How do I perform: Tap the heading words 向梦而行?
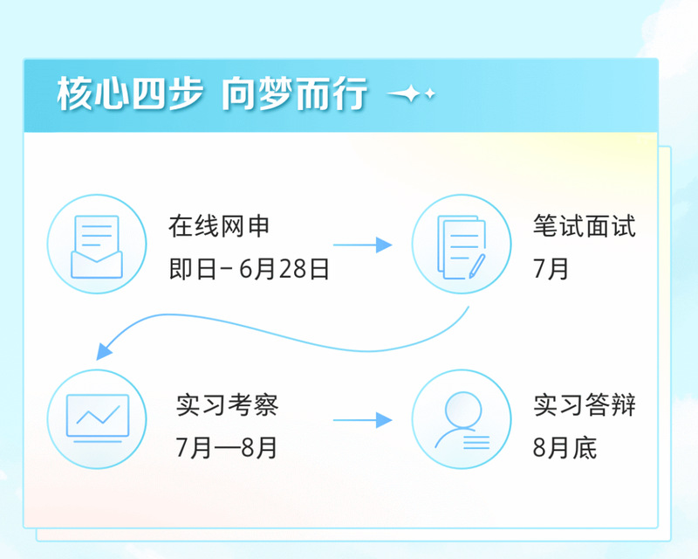pos(293,94)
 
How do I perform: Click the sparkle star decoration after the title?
pos(411,94)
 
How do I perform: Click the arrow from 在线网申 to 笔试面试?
pos(362,245)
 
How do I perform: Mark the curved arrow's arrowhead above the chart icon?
pos(106,350)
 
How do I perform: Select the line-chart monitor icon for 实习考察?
pos(98,418)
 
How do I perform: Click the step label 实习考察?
pos(227,406)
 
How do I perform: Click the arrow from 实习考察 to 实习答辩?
pos(362,420)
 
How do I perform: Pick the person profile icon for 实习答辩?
pos(462,419)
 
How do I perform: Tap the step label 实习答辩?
pos(584,406)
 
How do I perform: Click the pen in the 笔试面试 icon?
pos(476,264)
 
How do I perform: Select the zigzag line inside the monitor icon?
pos(98,414)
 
